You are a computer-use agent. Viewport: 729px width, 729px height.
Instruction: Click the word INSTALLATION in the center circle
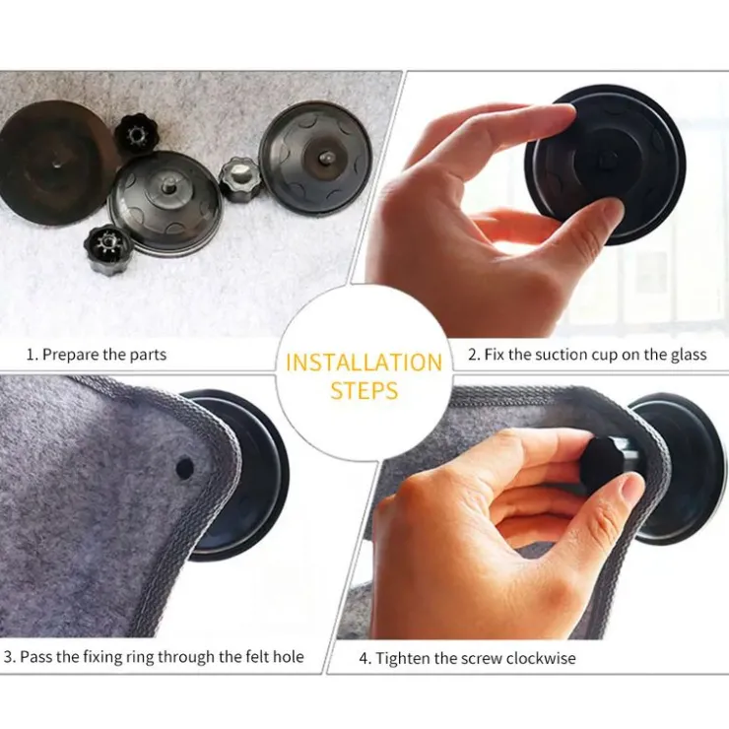pyautogui.click(x=364, y=363)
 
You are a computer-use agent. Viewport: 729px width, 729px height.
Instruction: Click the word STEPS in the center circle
pyautogui.click(x=364, y=390)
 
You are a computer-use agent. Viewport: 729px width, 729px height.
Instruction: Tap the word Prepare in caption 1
pyautogui.click(x=71, y=356)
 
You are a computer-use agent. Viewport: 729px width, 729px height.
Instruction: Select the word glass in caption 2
pyautogui.click(x=689, y=356)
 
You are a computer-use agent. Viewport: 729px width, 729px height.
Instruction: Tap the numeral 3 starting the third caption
pyautogui.click(x=8, y=657)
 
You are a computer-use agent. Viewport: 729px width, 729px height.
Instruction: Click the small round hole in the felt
pyautogui.click(x=185, y=468)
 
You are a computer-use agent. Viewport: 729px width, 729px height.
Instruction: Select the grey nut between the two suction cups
pyautogui.click(x=239, y=179)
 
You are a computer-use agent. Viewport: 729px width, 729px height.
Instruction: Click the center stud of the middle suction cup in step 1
pyautogui.click(x=166, y=185)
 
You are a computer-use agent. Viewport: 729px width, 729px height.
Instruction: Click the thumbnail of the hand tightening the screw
pyautogui.click(x=630, y=487)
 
